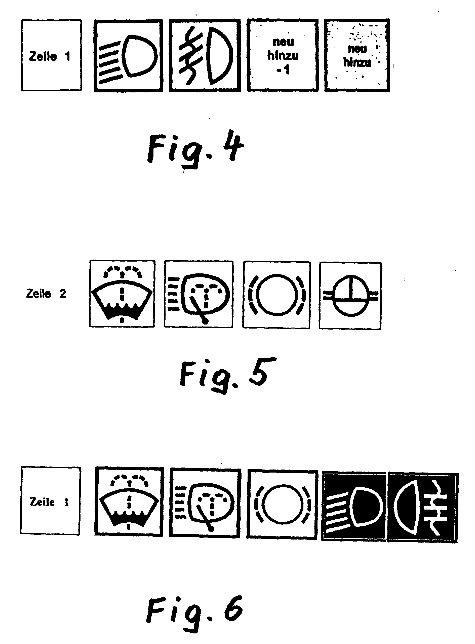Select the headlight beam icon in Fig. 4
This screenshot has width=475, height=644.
(x=129, y=56)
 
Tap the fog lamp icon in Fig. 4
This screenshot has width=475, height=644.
(x=205, y=56)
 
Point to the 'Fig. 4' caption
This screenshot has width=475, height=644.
(x=195, y=149)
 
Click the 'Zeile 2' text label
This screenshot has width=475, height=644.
(x=46, y=294)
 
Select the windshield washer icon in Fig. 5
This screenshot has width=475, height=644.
(x=122, y=294)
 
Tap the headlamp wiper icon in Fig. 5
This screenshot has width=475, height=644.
(x=199, y=294)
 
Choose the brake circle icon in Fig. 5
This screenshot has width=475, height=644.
(x=276, y=295)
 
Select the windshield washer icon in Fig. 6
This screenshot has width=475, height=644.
(x=129, y=502)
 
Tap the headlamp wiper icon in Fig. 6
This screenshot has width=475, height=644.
(x=205, y=503)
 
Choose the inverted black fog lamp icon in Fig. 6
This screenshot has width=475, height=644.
(x=422, y=507)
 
